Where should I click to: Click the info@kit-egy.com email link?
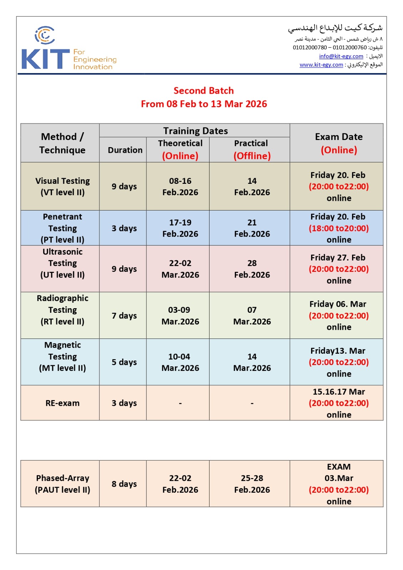[x=341, y=56]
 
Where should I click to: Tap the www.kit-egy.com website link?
[x=321, y=65]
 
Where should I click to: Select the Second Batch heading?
[x=203, y=91]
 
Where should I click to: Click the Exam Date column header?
[x=339, y=143]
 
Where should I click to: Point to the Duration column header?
[x=125, y=150]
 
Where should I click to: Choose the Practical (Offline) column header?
[x=252, y=150]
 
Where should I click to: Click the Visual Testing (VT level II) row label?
[x=62, y=187]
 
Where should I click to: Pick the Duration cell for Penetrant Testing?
[x=124, y=228]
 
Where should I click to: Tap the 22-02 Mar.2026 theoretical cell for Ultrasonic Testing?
[x=180, y=269]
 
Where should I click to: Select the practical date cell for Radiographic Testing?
[x=252, y=316]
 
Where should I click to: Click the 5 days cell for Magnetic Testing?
[x=124, y=362]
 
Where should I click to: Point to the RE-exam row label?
[x=62, y=403]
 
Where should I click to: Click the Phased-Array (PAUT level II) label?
[x=62, y=484]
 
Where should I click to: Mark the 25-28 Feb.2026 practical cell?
[x=252, y=484]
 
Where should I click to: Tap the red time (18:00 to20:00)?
[x=339, y=228]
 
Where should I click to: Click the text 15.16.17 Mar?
[x=339, y=392]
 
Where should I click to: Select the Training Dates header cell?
[x=195, y=131]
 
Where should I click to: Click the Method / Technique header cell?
[x=62, y=143]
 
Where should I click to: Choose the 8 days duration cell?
[x=124, y=484]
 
